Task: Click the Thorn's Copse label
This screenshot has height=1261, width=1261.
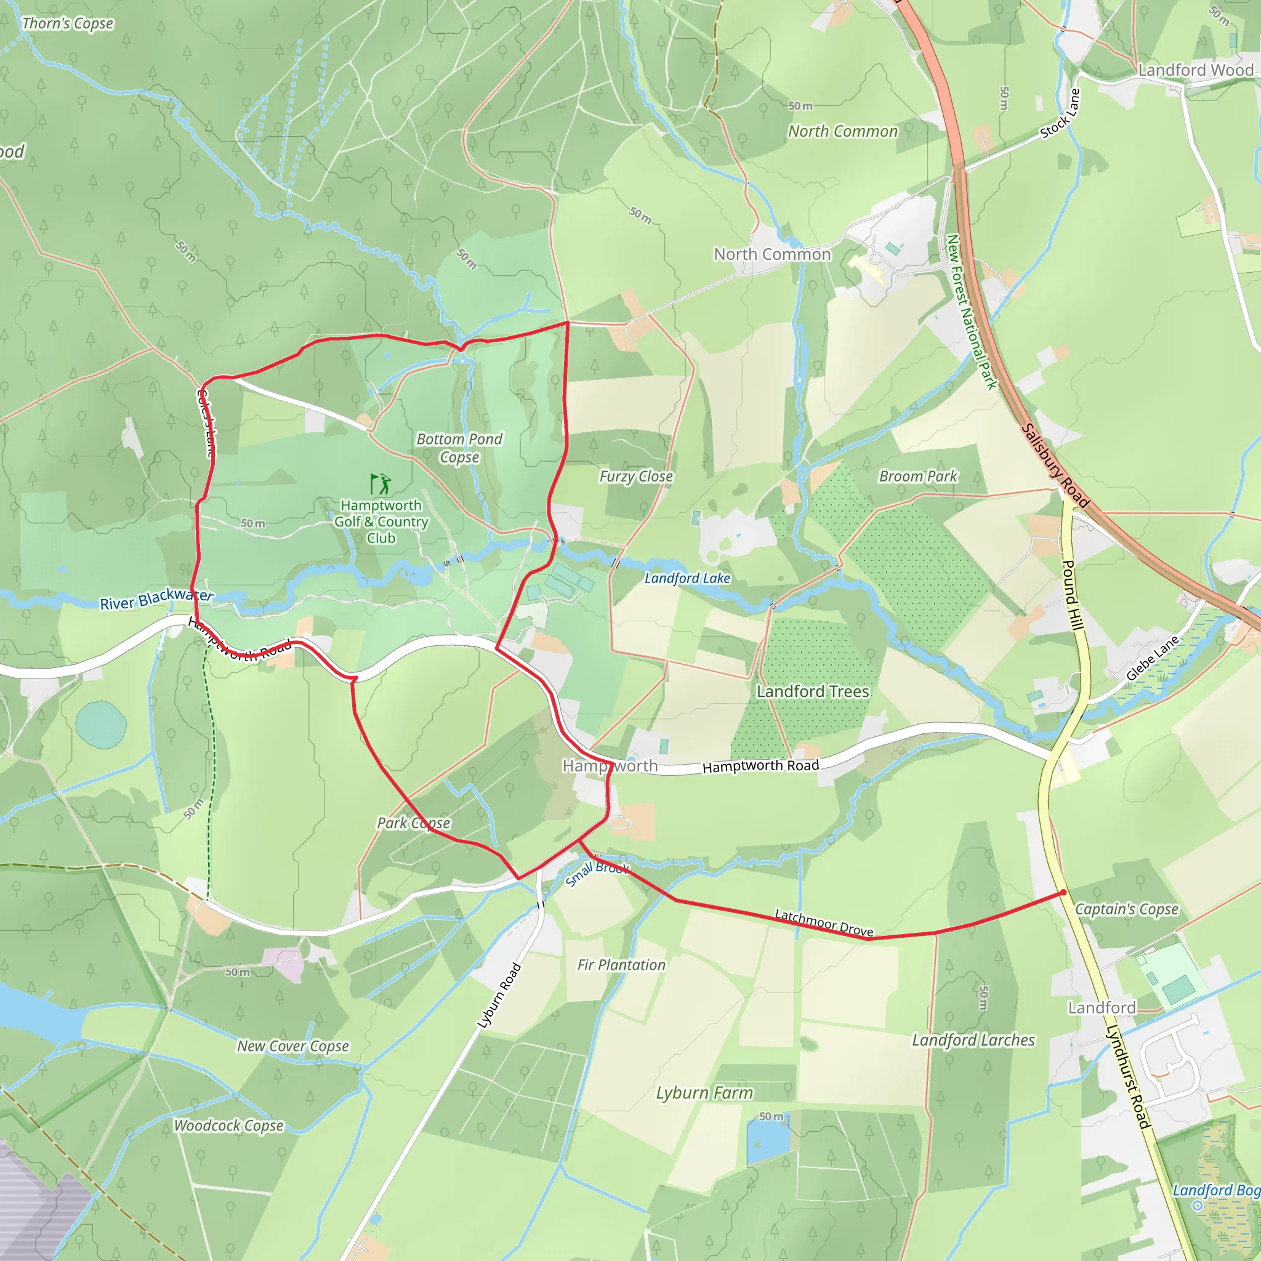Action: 68,24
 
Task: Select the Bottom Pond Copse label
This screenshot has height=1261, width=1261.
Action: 459,448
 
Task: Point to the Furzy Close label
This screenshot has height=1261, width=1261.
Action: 637,477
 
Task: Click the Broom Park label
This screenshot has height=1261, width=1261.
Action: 917,477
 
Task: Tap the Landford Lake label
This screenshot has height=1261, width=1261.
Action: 687,578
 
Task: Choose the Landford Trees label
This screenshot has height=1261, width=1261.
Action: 813,691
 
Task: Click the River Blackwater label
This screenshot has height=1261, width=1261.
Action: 156,598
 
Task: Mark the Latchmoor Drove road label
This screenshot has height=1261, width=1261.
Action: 824,923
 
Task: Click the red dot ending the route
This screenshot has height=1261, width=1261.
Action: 1063,892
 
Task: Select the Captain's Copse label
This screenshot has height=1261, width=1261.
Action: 1127,909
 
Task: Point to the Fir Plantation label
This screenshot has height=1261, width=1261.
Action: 621,965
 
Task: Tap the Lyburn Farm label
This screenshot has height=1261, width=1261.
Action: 704,1093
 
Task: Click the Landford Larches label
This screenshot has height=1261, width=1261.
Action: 973,1040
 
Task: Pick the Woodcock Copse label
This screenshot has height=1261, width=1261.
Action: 228,1126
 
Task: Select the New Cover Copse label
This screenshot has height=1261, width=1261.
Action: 293,1045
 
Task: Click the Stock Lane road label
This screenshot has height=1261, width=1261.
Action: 1060,113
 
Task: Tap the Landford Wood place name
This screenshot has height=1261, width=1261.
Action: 1196,70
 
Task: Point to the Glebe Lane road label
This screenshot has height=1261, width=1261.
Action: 1153,658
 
